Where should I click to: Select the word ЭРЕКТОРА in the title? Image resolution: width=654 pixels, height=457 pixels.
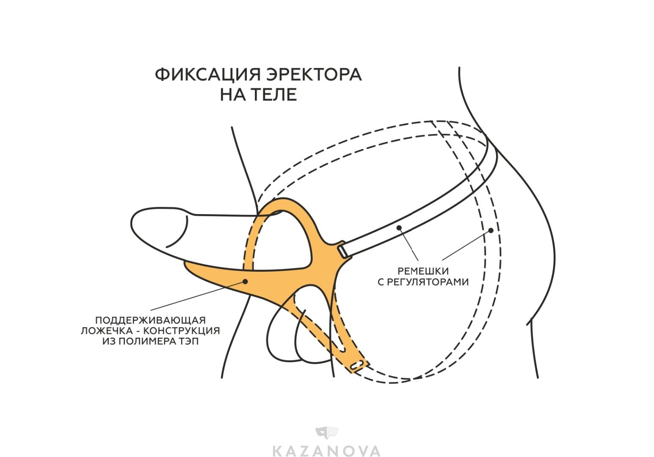pos(314,75)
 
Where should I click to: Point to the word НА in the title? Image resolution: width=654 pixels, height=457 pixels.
pos(232,95)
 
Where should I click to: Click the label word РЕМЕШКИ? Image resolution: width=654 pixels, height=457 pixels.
pos(423,271)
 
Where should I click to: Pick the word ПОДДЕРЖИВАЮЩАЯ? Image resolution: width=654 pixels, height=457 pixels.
pos(150,320)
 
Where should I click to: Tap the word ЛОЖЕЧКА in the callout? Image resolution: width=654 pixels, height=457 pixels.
pos(106,331)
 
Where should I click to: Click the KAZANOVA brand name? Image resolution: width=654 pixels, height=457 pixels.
pos(326,450)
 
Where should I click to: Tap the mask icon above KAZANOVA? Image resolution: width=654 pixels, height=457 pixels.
pos(326,432)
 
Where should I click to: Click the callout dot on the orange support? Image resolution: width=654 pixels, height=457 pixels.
pos(245,281)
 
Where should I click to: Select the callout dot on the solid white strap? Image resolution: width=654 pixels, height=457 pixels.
pos(399,228)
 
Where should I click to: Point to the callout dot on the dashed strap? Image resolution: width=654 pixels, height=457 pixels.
pos(491,230)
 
